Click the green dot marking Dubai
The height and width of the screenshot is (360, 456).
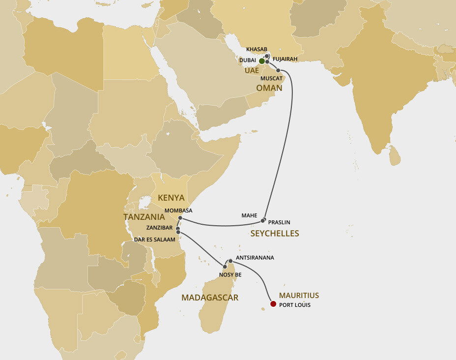262,61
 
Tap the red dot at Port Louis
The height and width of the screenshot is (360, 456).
273,304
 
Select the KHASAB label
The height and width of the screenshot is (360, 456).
257,50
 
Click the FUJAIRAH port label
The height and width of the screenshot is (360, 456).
286,59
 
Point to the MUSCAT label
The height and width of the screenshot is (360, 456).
271,78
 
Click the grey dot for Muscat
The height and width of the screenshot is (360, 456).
278,70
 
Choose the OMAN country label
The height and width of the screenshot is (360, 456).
269,88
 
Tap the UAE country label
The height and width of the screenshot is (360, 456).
251,71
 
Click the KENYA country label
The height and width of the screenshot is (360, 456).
171,198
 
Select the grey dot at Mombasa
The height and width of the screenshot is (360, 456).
180,217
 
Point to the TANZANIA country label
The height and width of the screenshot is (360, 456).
144,217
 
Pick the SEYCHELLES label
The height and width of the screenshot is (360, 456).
275,234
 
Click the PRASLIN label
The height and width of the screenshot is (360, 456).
279,222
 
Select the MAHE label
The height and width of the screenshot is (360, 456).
249,215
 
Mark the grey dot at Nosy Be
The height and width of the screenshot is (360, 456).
225,267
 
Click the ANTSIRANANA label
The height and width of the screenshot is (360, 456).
255,258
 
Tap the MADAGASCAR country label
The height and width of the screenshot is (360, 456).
210,298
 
